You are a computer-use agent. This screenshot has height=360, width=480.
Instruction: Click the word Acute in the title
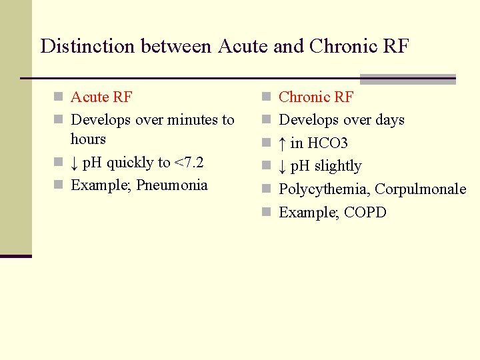click(x=238, y=46)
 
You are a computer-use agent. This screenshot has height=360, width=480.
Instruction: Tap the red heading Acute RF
click(x=101, y=97)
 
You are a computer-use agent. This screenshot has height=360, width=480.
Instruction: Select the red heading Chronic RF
click(x=316, y=97)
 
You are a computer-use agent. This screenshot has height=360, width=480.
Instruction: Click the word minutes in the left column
click(x=193, y=120)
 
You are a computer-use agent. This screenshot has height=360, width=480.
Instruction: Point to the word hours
click(x=88, y=139)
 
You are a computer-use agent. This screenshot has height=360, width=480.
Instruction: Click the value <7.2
click(x=189, y=163)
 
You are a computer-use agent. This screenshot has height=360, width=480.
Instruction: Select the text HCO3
click(x=328, y=143)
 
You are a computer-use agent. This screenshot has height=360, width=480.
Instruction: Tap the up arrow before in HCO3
click(x=283, y=143)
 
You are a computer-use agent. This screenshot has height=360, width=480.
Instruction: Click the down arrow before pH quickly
click(x=75, y=163)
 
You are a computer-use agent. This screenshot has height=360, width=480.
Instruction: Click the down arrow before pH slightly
click(x=283, y=166)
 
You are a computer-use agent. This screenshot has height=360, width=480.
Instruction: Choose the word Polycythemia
click(x=323, y=189)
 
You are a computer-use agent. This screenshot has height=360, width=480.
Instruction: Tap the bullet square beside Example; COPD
click(x=266, y=213)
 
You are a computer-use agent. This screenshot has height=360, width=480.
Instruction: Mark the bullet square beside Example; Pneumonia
click(x=58, y=185)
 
